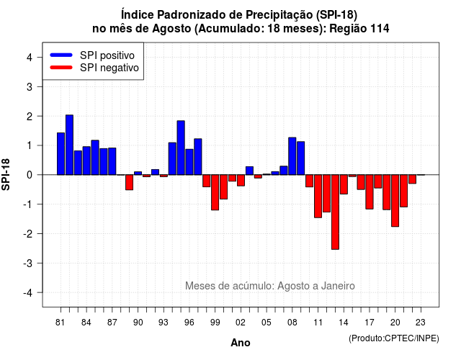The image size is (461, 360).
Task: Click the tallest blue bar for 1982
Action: [x=69, y=145]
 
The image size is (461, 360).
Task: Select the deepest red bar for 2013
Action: [x=335, y=212]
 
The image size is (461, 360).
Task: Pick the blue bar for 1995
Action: [x=181, y=148]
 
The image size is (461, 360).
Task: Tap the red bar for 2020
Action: [x=395, y=200]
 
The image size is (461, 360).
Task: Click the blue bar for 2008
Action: [x=292, y=156]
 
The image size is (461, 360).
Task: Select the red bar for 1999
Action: [x=215, y=192]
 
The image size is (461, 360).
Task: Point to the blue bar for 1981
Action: [x=61, y=153]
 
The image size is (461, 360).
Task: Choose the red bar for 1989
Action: [x=130, y=182]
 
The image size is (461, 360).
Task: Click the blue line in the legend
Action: [x=61, y=55]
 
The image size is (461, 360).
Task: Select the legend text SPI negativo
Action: [x=109, y=68]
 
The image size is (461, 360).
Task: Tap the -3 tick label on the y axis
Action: [x=28, y=264]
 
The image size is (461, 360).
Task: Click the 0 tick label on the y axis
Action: [x=30, y=175]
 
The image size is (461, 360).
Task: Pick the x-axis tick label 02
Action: [x=241, y=323]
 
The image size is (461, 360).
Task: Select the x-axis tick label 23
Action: [x=421, y=323]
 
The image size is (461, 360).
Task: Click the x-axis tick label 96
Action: [x=189, y=323]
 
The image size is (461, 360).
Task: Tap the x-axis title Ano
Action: [x=241, y=343]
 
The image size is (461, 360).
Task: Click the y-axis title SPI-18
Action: [x=6, y=174]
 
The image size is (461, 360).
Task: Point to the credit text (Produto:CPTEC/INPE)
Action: [x=394, y=338]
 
